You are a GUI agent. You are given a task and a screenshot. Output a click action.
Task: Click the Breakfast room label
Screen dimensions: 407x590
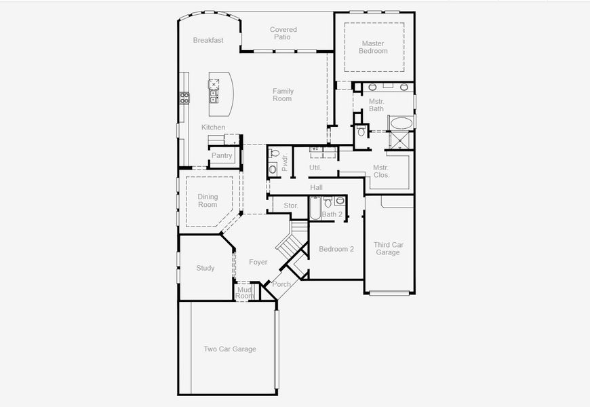pos(208,40)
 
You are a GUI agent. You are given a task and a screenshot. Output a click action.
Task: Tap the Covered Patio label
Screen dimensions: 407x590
pos(283,33)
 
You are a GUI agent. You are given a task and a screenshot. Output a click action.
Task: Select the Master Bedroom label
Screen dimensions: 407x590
pos(373,47)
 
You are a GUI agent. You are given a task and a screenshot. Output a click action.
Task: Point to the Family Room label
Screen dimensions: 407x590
pos(283,94)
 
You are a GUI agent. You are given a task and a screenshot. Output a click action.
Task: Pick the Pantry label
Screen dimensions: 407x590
pos(222,155)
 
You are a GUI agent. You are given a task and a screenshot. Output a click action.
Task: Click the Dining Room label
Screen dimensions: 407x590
pos(208,201)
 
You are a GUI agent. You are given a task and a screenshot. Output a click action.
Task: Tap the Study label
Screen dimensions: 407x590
pos(205,268)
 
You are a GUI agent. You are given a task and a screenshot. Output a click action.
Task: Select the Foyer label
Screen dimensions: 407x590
pos(258,262)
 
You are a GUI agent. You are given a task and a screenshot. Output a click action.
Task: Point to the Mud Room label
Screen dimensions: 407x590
pos(244,293)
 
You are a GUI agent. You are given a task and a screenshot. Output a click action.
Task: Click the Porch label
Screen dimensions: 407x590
pos(281,284)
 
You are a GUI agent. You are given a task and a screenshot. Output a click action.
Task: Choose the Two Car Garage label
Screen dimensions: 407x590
pos(230,349)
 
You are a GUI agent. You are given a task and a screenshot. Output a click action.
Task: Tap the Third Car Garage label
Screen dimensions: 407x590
pos(388,248)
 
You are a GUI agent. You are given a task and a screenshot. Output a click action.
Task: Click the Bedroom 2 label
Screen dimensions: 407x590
pos(336,249)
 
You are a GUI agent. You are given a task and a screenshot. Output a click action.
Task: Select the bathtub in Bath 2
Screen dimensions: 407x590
pos(315,208)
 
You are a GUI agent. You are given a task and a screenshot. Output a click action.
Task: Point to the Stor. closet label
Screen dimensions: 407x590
pos(291,205)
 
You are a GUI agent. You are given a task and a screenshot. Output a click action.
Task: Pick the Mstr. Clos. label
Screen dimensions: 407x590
pos(380,171)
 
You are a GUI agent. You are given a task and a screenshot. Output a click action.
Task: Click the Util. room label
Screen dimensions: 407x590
pos(315,167)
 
